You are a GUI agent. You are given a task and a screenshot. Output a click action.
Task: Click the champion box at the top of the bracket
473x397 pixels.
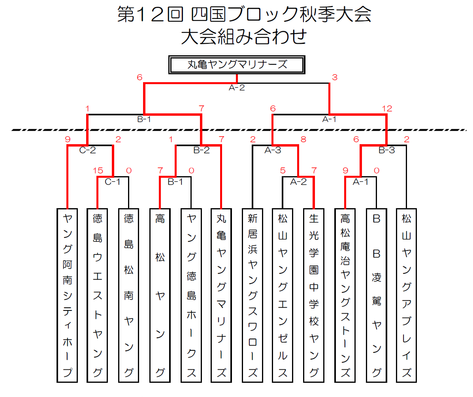tap(236, 64)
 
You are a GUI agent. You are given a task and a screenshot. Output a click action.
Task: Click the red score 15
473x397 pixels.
tap(98, 171)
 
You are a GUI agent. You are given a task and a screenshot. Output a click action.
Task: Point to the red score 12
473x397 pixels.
tap(387, 108)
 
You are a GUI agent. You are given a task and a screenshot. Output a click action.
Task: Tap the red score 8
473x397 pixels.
tap(303, 139)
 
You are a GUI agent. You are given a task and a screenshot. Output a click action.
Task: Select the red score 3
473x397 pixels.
tap(334, 77)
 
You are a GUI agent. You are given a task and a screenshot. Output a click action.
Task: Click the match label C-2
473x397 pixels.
tap(88, 150)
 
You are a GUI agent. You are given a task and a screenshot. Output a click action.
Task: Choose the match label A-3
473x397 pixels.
tap(272, 150)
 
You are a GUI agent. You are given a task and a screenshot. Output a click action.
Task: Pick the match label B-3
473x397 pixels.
tap(387, 150)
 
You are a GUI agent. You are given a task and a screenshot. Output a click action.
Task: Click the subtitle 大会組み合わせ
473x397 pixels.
tap(244, 38)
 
